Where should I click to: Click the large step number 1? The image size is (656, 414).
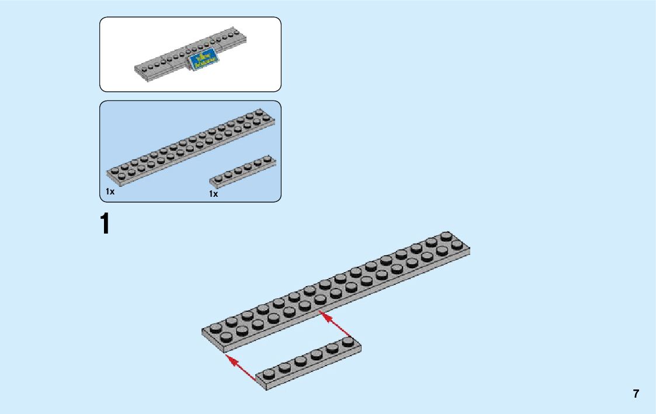[x=105, y=225]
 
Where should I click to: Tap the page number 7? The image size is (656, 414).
[x=636, y=394]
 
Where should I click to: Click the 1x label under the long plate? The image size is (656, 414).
[x=110, y=192]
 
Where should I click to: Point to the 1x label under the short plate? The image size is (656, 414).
[x=213, y=194]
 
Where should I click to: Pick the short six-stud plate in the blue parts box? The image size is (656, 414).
[x=242, y=171]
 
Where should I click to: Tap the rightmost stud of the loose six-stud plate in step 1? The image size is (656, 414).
[x=348, y=340]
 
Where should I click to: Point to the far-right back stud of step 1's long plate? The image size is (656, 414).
[x=446, y=236]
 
